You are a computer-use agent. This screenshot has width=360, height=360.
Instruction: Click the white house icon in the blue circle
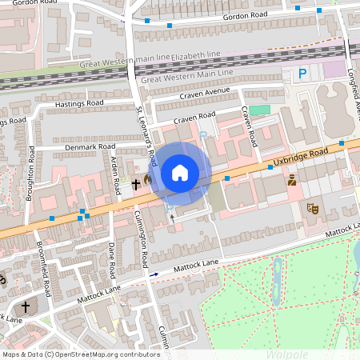tap(180, 172)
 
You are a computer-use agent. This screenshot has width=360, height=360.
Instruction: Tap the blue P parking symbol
tap(302, 74)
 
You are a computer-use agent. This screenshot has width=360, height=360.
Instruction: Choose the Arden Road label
tap(116, 176)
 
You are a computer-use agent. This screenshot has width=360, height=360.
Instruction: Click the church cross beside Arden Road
tap(136, 184)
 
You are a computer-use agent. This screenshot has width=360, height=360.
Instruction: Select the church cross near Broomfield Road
tap(25, 307)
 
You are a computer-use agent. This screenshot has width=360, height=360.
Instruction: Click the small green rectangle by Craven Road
tap(259, 110)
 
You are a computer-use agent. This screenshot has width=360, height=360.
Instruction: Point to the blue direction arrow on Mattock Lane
tap(154, 274)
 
